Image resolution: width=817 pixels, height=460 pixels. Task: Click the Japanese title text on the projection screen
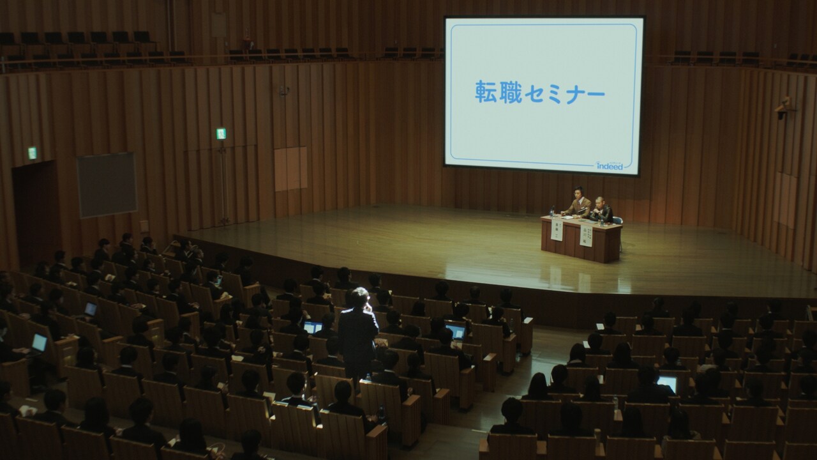pyautogui.click(x=539, y=94)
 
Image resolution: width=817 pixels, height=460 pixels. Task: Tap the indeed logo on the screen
pyautogui.click(x=609, y=165)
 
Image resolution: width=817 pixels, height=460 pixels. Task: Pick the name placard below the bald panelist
pyautogui.click(x=587, y=236)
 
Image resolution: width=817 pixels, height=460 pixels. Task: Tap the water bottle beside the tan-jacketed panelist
pyautogui.click(x=553, y=211)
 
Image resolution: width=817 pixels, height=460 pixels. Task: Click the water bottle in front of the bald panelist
pyautogui.click(x=600, y=220)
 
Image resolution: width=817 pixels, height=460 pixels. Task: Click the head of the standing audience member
pyautogui.click(x=359, y=298)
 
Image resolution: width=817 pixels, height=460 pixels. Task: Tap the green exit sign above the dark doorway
pyautogui.click(x=32, y=153)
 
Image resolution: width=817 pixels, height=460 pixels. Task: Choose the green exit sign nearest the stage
pyautogui.click(x=221, y=134)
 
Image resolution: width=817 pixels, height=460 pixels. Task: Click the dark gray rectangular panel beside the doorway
pyautogui.click(x=107, y=185)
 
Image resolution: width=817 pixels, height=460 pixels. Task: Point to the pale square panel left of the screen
pyautogui.click(x=290, y=169)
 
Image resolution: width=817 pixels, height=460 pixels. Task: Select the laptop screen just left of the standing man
pyautogui.click(x=313, y=327)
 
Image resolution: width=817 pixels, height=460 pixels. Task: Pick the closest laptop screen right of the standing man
pyautogui.click(x=456, y=332)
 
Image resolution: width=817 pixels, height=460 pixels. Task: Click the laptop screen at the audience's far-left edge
pyautogui.click(x=40, y=342)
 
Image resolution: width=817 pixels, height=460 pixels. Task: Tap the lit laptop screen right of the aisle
pyautogui.click(x=667, y=383)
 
